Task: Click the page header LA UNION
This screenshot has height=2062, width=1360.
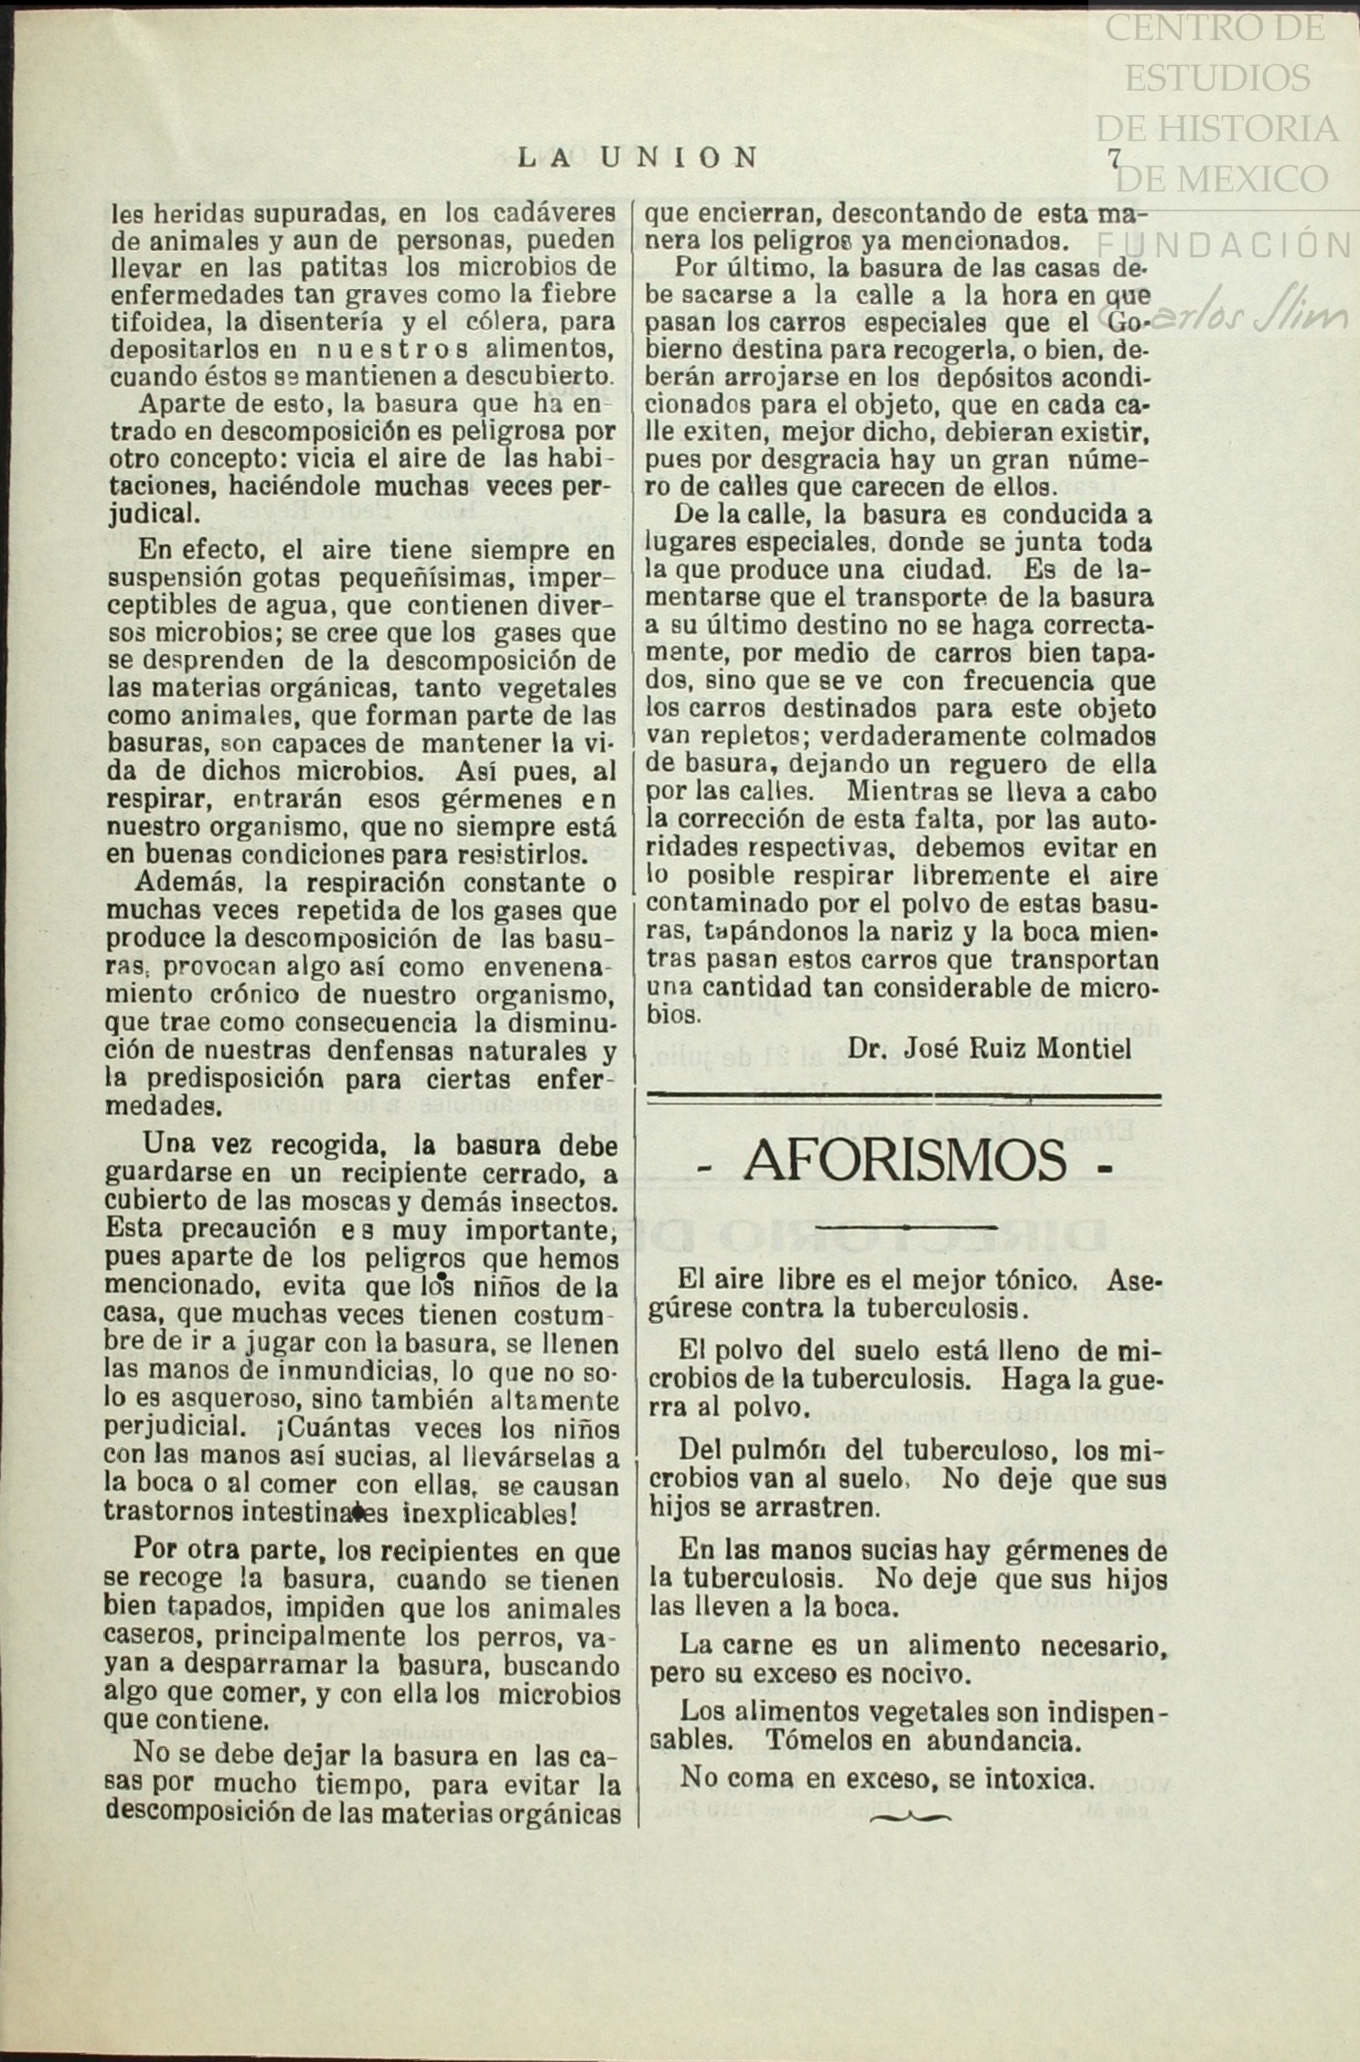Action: [637, 158]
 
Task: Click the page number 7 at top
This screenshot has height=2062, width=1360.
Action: [1114, 158]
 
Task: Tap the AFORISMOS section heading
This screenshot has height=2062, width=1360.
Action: [905, 1160]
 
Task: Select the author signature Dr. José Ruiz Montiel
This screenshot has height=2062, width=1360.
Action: [990, 1047]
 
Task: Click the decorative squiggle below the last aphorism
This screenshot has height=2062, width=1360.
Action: [910, 1817]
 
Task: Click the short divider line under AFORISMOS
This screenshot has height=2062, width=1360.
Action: [904, 1224]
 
